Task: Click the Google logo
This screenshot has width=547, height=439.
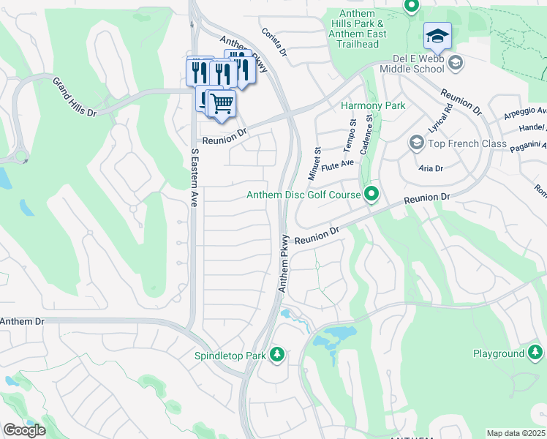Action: click(x=24, y=430)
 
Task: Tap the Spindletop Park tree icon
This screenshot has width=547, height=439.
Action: click(x=277, y=356)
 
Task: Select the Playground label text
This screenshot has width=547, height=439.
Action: click(x=497, y=354)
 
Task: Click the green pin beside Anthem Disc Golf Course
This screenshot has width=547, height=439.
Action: click(x=372, y=195)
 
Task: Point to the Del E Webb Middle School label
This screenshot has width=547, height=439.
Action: click(x=412, y=63)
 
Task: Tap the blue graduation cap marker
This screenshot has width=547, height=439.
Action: click(x=437, y=36)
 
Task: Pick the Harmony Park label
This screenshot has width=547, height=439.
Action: click(x=373, y=106)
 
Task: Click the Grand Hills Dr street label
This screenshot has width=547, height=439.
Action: click(x=74, y=97)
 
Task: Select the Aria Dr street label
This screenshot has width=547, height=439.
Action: click(x=431, y=168)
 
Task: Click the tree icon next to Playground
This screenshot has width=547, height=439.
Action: click(x=536, y=354)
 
